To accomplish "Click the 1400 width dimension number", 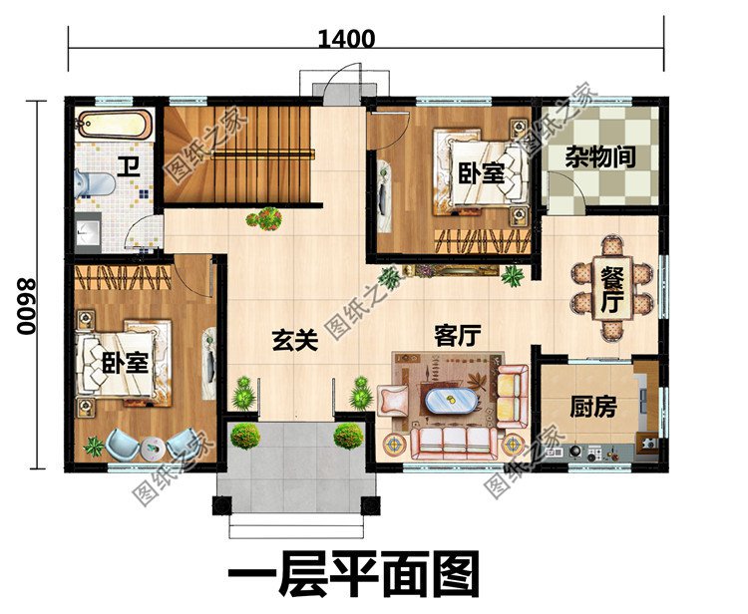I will (347, 40).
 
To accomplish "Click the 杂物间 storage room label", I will (600, 156).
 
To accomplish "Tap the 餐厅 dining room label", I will (611, 289).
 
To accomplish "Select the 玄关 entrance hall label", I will (294, 341).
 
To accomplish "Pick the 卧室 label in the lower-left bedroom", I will (126, 362).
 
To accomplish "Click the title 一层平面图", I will (354, 575).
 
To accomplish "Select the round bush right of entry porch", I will (348, 436).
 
